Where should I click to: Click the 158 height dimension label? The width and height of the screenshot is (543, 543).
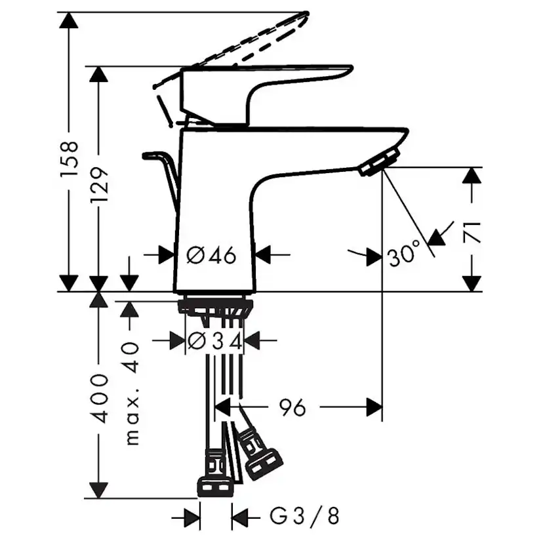point(69,159)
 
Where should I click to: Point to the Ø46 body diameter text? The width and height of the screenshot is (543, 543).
point(211,254)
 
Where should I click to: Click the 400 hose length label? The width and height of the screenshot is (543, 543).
point(99,398)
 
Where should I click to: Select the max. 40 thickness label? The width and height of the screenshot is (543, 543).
point(132,393)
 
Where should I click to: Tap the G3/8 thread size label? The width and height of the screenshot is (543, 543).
point(304,517)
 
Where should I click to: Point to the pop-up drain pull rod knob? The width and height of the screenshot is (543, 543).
point(155,156)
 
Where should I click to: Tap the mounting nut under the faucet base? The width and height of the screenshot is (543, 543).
point(214,306)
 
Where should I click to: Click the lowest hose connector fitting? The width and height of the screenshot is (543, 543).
point(215,485)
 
